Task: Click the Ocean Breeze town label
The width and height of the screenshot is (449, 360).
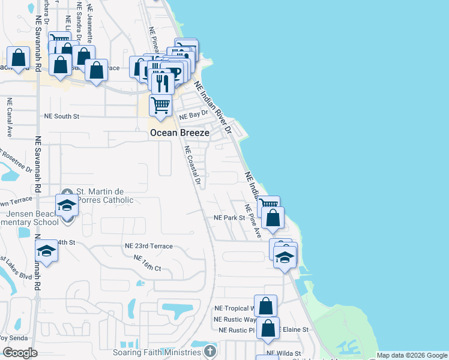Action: pos(179,133)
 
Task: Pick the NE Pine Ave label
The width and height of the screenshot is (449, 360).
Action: pos(253,221)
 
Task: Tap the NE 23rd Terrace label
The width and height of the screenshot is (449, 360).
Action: pos(148,246)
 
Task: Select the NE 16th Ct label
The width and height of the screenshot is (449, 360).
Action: pos(148,263)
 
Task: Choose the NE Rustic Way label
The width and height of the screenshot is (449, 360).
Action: pos(235,319)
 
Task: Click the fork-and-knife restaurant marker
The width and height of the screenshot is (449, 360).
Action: pos(161,81)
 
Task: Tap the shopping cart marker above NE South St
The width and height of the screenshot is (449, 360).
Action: pos(160,106)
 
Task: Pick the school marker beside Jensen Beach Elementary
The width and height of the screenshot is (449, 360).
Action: pos(67,205)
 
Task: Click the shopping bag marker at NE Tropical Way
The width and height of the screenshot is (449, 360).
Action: pos(265,306)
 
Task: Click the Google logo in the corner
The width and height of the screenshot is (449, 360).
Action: pos(20,353)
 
